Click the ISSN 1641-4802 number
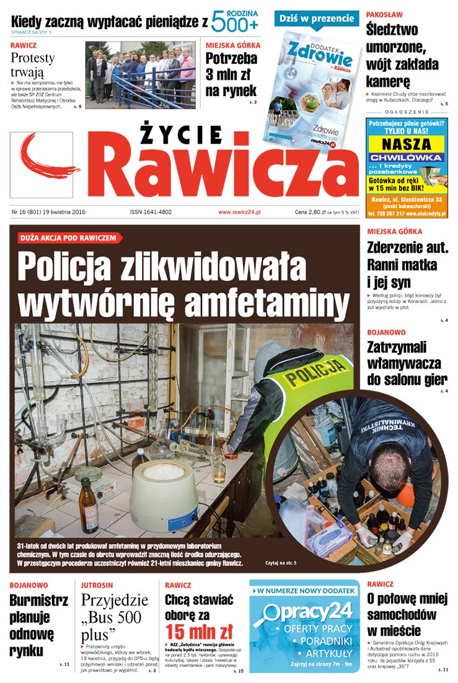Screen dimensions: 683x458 151,212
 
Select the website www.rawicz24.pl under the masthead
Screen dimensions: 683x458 239,212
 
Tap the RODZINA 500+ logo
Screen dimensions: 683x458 235,22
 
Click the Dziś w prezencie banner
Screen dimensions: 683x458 317,19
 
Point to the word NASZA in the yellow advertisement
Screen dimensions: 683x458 406,144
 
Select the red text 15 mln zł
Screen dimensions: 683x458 198,632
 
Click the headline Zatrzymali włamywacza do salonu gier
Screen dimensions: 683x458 407,363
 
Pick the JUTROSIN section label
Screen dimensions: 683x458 97,584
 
